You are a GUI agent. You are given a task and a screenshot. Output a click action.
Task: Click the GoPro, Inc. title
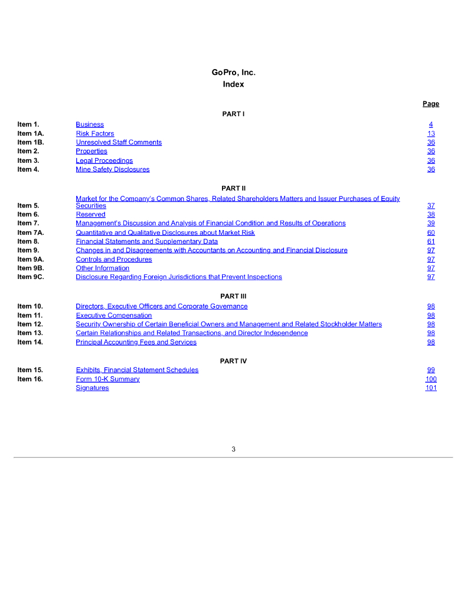pyautogui.click(x=233, y=73)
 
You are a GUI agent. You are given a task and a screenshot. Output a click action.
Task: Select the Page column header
pyautogui.click(x=430, y=104)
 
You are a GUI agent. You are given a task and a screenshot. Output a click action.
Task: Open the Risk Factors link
pyautogui.click(x=95, y=133)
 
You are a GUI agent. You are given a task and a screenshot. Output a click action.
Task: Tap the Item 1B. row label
pyautogui.click(x=31, y=142)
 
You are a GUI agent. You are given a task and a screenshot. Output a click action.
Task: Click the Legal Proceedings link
pyautogui.click(x=104, y=160)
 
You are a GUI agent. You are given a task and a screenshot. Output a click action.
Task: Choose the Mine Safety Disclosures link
pyautogui.click(x=113, y=169)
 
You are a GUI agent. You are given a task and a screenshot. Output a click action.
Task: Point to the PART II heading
pyautogui.click(x=233, y=188)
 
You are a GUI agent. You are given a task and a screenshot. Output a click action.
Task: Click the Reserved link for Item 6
pyautogui.click(x=90, y=214)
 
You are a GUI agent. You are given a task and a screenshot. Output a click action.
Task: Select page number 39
pyautogui.click(x=431, y=223)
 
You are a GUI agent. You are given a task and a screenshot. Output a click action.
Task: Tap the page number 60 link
pyautogui.click(x=431, y=232)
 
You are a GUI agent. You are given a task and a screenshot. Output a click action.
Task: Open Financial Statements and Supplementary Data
pyautogui.click(x=146, y=241)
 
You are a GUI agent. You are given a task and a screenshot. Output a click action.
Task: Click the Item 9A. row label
pyautogui.click(x=31, y=259)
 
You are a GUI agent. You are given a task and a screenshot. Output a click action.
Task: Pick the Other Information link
pyautogui.click(x=103, y=268)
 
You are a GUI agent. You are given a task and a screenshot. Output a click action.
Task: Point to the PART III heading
pyautogui.click(x=233, y=296)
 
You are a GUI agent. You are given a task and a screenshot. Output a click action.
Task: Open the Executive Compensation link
pyautogui.click(x=114, y=316)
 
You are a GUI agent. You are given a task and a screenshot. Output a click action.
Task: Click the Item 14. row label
pyautogui.click(x=30, y=342)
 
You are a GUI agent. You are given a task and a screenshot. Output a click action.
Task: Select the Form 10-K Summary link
pyautogui.click(x=107, y=379)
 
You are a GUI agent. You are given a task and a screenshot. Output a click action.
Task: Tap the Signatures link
pyautogui.click(x=92, y=388)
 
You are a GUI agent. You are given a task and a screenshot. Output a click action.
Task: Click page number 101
pyautogui.click(x=431, y=388)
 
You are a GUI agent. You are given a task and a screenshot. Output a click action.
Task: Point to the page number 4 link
pyautogui.click(x=431, y=124)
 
